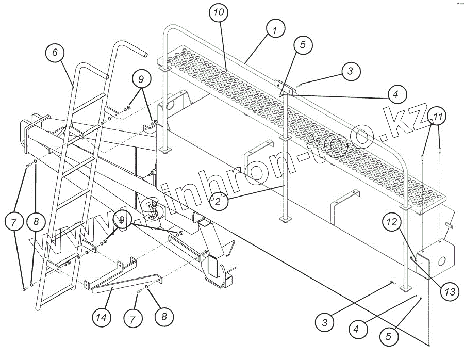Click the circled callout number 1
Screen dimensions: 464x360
point(275,30)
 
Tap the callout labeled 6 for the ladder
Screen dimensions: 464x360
point(55,54)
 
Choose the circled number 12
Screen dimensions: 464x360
point(392,222)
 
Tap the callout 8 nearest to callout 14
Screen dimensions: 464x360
point(164,316)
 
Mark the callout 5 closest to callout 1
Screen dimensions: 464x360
point(302,44)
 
